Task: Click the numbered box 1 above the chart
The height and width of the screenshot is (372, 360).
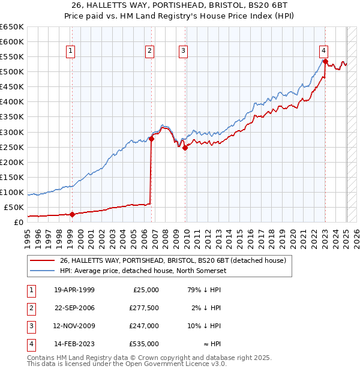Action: pos(71,51)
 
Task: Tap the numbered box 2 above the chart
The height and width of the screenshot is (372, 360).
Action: pos(149,51)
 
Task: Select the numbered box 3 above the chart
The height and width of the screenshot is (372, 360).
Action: pos(182,51)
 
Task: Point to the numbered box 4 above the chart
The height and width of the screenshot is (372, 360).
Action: pos(323,51)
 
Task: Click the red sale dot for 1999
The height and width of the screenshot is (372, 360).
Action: pos(72,214)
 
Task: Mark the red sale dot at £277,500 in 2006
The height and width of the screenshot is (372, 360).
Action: pos(151,139)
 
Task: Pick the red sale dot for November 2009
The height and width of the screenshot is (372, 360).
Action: pos(185,148)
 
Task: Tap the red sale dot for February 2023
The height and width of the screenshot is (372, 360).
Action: pos(325,61)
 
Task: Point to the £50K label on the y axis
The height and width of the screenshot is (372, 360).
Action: pos(14,207)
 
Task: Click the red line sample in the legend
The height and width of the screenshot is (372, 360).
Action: pos(42,261)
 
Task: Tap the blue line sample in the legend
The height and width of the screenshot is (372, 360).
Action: pos(42,271)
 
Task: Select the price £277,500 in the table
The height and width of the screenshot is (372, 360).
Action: pos(144,308)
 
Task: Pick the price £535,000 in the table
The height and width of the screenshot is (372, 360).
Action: pos(144,344)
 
